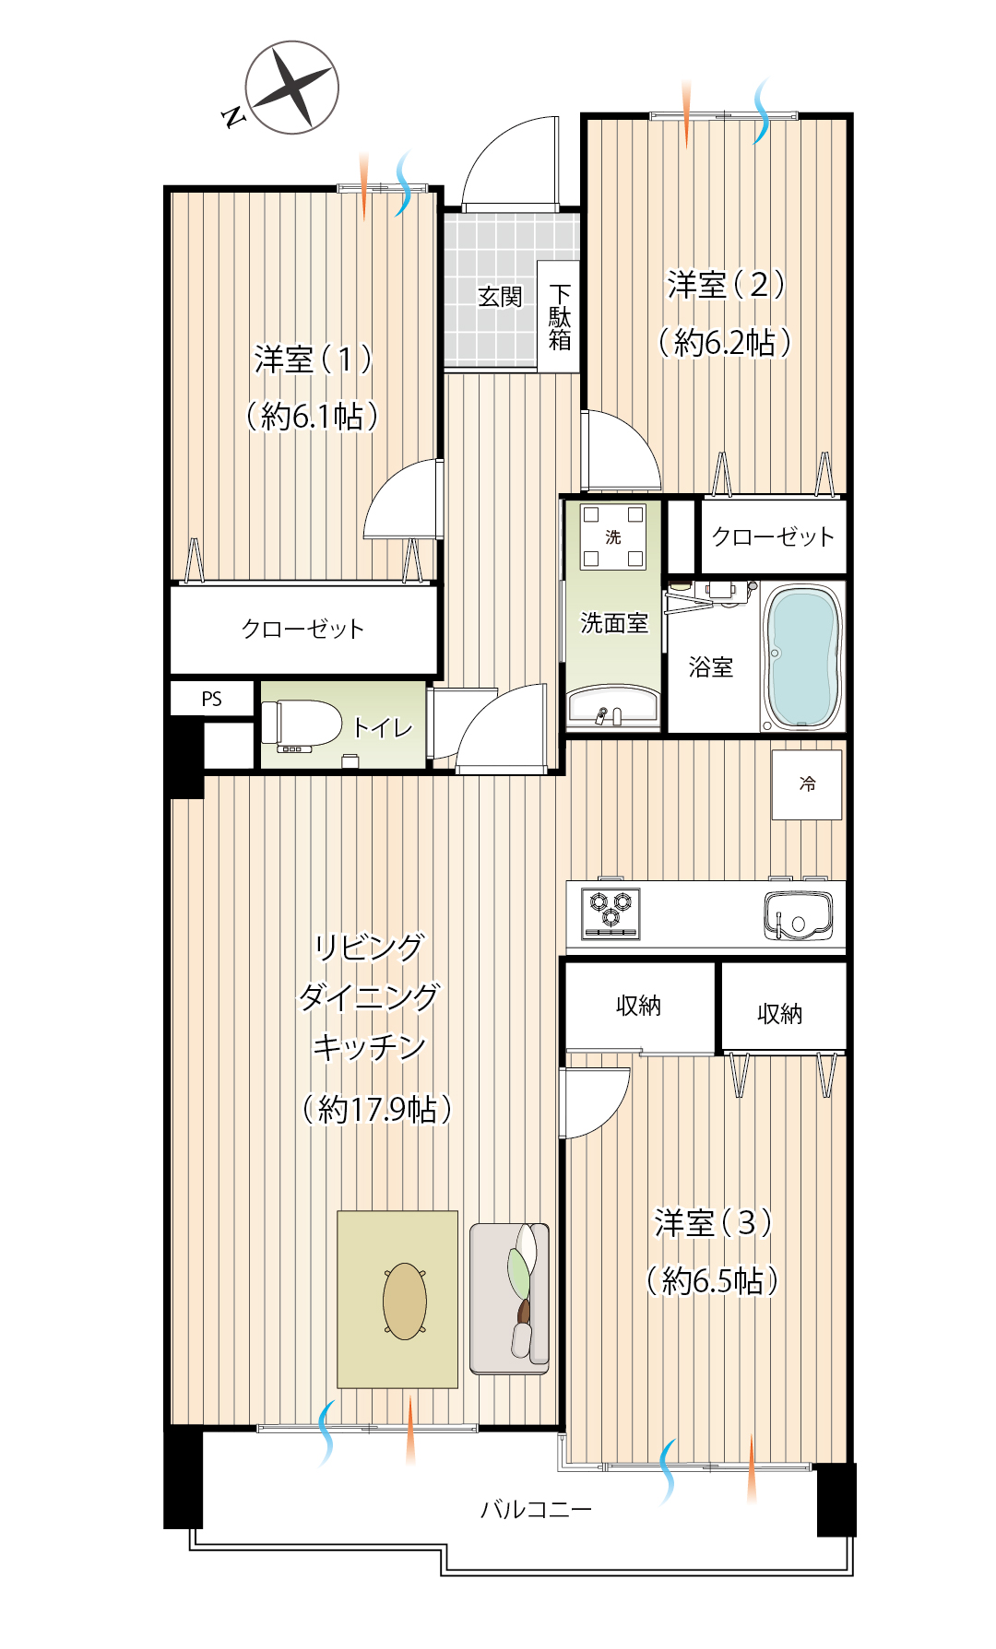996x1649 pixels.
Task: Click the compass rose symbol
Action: (292, 88)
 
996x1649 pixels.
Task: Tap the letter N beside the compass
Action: (234, 116)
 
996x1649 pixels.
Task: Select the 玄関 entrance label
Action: (500, 297)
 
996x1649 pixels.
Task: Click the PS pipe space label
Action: (211, 699)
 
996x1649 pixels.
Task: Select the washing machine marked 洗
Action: (613, 536)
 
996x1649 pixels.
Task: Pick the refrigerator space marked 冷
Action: (807, 784)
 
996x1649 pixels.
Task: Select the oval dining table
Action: (405, 1301)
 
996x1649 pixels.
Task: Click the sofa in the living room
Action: (510, 1299)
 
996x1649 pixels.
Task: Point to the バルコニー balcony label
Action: (536, 1510)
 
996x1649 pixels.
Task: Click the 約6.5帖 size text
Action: (713, 1280)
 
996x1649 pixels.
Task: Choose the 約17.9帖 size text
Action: (377, 1109)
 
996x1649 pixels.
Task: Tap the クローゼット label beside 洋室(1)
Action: (302, 629)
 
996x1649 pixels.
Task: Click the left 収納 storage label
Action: (638, 1006)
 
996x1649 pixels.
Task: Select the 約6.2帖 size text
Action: (725, 343)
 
